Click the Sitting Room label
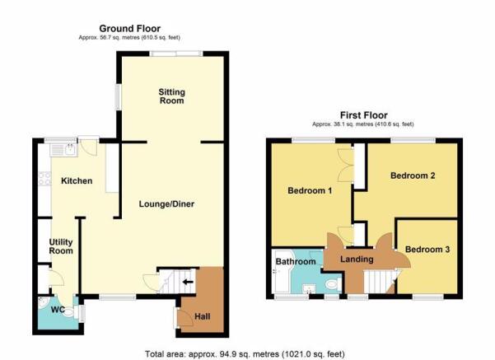click(x=172, y=96)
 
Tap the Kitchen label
click(x=77, y=181)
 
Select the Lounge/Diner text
click(x=166, y=204)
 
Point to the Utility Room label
click(x=61, y=246)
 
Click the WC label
click(x=58, y=310)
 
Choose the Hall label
click(x=203, y=316)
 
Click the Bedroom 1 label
click(x=310, y=191)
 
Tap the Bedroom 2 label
click(x=413, y=175)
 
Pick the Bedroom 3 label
click(x=427, y=250)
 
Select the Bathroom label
click(x=296, y=261)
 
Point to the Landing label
click(x=357, y=259)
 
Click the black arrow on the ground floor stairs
click(x=188, y=282)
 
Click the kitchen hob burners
click(x=44, y=179)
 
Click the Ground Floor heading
click(x=130, y=29)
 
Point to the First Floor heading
click(x=364, y=115)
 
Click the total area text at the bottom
click(x=245, y=354)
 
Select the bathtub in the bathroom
click(x=283, y=272)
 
